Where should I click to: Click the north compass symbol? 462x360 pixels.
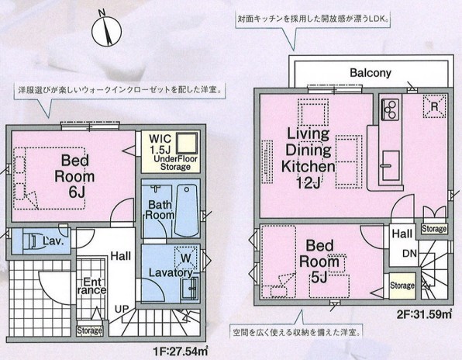[106, 29]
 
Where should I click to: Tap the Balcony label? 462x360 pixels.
[371, 73]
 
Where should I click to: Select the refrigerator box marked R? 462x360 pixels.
[435, 106]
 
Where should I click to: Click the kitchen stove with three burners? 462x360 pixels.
[390, 109]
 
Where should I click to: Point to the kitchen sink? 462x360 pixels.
[391, 166]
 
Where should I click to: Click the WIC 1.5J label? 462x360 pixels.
[160, 144]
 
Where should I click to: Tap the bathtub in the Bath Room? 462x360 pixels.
[186, 210]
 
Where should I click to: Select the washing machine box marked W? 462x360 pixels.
[185, 258]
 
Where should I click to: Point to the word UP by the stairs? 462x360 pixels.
[122, 309]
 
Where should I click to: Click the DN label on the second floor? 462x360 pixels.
[410, 253]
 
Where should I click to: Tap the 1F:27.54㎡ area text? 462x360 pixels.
[181, 351]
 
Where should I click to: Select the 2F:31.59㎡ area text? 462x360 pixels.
[424, 313]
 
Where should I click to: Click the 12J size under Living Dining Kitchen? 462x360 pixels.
[309, 183]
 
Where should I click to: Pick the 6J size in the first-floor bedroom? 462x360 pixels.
[77, 192]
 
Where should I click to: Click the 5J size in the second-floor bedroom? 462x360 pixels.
[319, 278]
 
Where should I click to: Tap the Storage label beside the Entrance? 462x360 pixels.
[90, 331]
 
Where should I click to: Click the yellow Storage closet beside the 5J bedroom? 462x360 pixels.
[402, 286]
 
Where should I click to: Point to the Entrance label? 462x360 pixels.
[91, 286]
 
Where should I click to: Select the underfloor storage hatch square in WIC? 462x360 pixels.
[187, 143]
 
